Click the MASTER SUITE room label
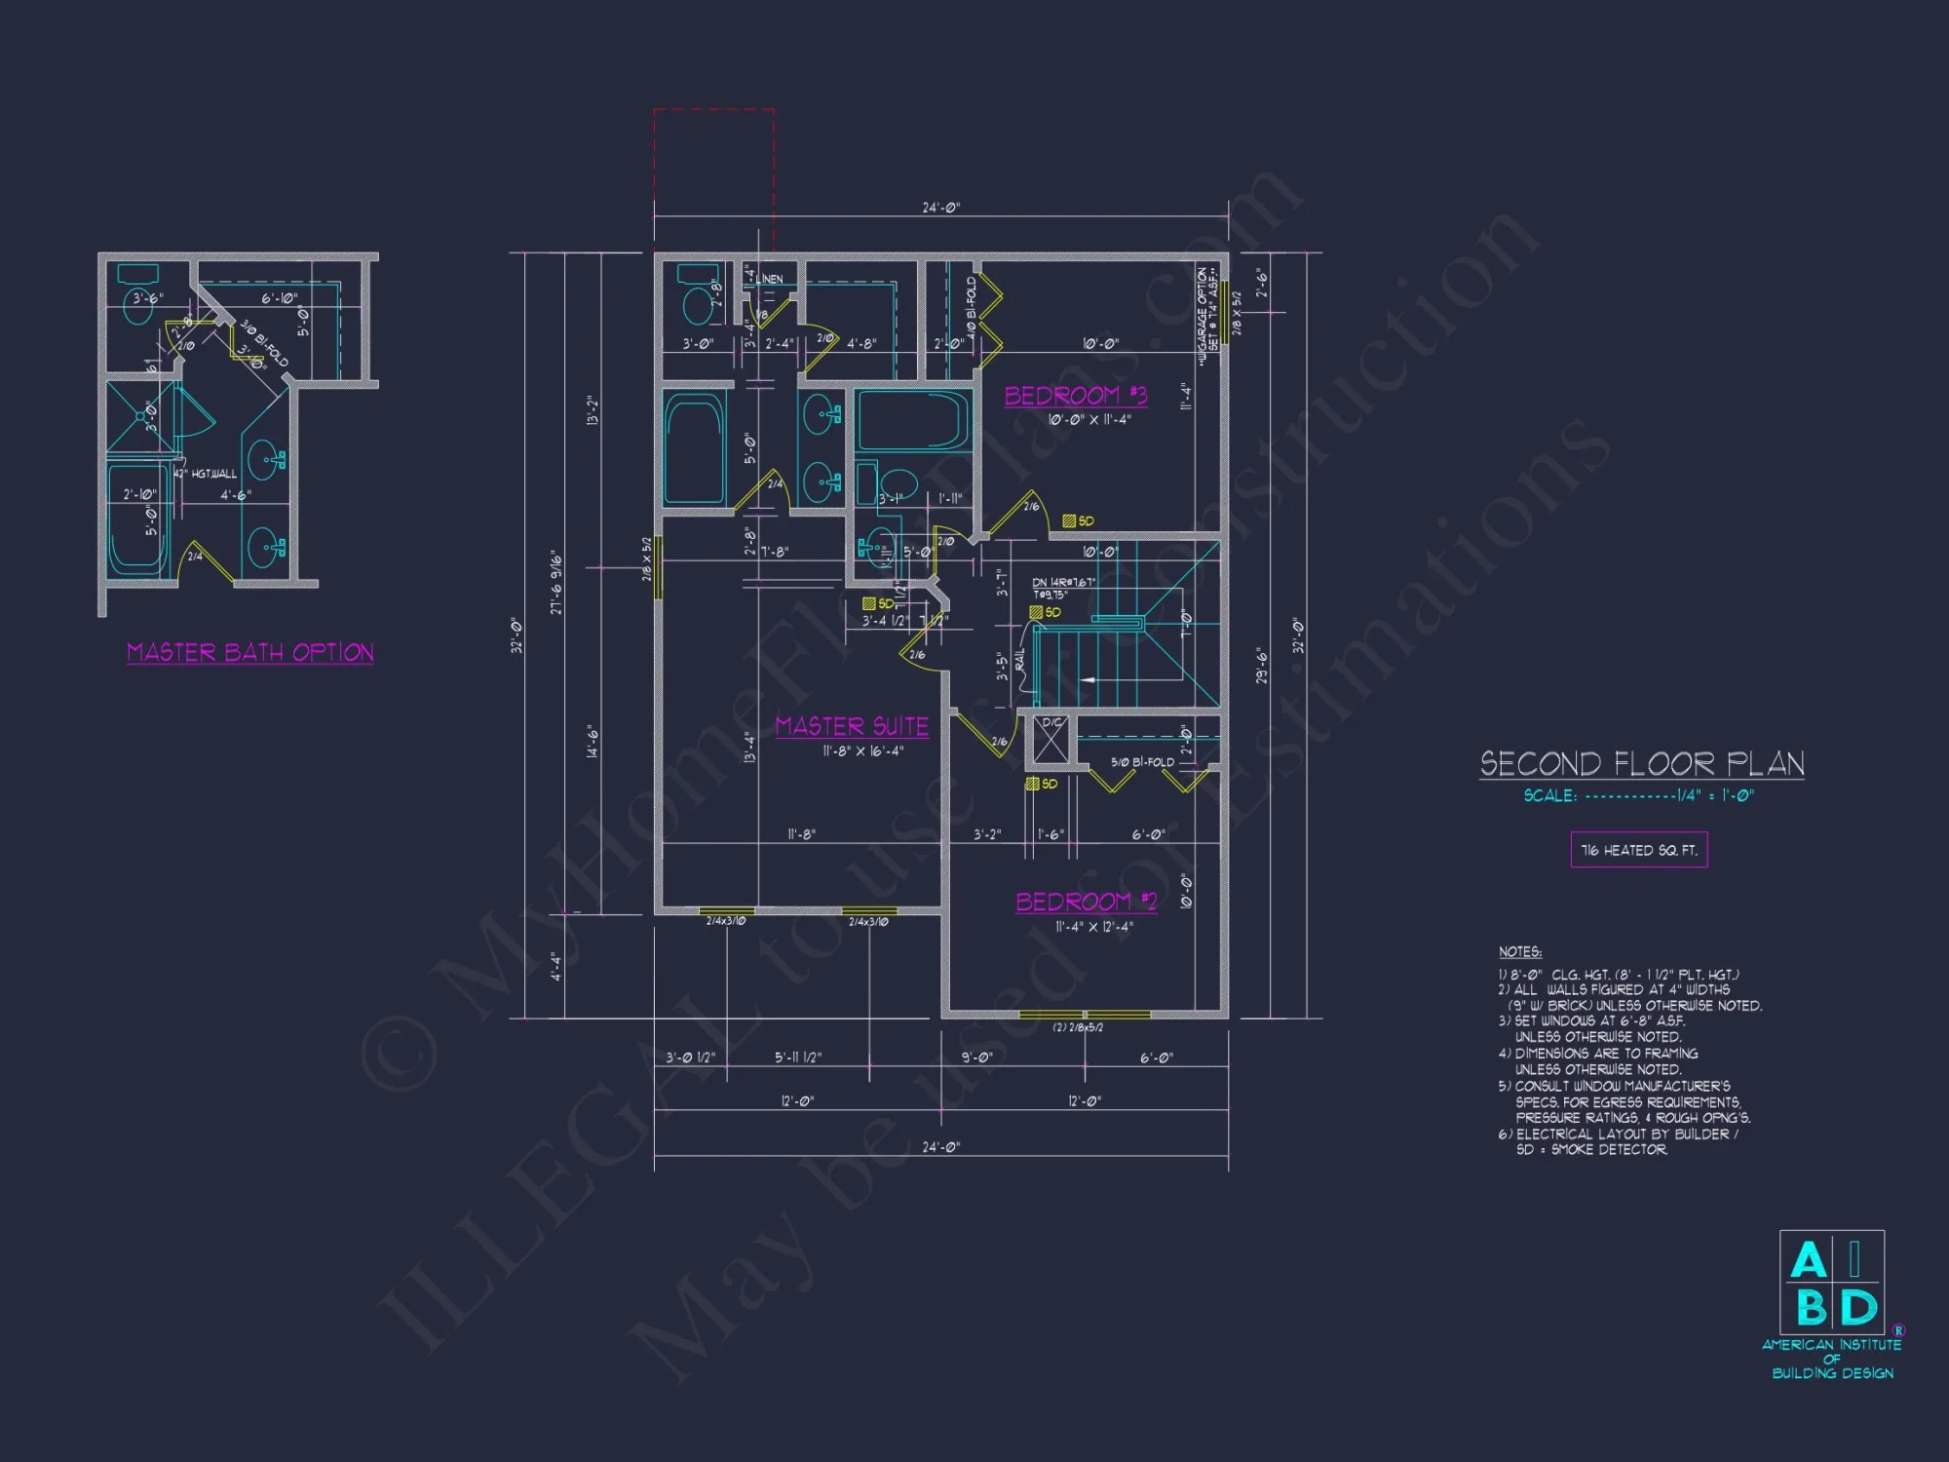852,726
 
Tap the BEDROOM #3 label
1076,395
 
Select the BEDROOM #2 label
1086,902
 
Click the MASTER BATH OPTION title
250,652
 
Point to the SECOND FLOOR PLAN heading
1642,763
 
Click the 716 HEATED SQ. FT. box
1639,850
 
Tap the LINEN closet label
769,279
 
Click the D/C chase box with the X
1051,741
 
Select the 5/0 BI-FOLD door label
1142,762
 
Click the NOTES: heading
1520,951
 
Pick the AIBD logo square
1832,1282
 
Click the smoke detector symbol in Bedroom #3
1069,521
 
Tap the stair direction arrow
1089,679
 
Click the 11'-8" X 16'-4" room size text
862,751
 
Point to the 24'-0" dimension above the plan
940,208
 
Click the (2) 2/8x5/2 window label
1078,1027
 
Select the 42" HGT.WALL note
206,474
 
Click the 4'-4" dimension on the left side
556,966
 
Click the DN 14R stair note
1063,583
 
